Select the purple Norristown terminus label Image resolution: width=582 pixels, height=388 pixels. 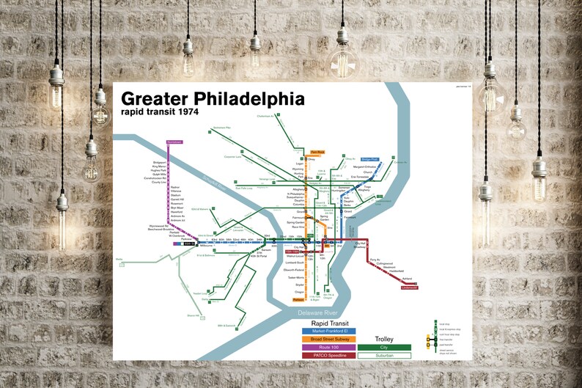174,141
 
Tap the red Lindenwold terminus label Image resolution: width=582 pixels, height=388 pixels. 409,288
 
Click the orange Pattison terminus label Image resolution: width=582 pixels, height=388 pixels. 298,300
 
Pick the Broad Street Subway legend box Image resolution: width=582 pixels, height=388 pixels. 328,339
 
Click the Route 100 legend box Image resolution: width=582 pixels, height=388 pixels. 328,347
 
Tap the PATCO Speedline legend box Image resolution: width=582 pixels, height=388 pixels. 328,355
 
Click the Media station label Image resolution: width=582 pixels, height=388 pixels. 119,258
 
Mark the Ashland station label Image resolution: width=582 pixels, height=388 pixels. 407,279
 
